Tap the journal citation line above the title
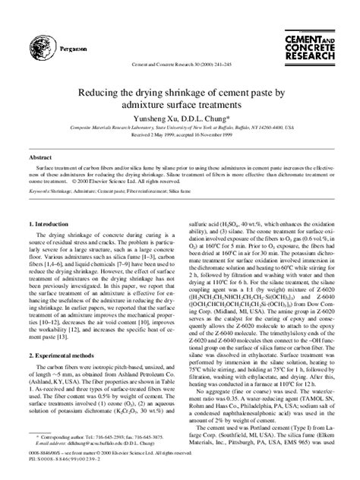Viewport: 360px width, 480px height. (x=179, y=65)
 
